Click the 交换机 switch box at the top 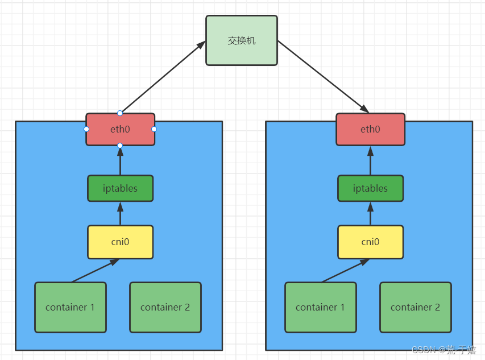pyautogui.click(x=241, y=40)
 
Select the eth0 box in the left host pyautogui.click(x=120, y=129)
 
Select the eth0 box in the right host pyautogui.click(x=370, y=129)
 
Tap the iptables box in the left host pyautogui.click(x=120, y=188)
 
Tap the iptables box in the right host pyautogui.click(x=370, y=188)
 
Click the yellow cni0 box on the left pyautogui.click(x=120, y=242)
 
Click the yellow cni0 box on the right pyautogui.click(x=370, y=242)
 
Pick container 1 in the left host pyautogui.click(x=70, y=307)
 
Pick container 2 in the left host pyautogui.click(x=165, y=307)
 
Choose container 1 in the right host pyautogui.click(x=320, y=307)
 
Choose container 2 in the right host pyautogui.click(x=415, y=307)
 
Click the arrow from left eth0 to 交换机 pyautogui.click(x=163, y=77)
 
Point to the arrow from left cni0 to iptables pyautogui.click(x=120, y=214)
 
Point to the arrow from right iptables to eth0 pyautogui.click(x=370, y=160)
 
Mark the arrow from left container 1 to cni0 pyautogui.click(x=95, y=271)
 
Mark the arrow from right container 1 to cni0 pyautogui.click(x=345, y=271)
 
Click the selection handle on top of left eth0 pyautogui.click(x=120, y=113)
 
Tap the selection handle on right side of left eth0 pyautogui.click(x=154, y=129)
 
